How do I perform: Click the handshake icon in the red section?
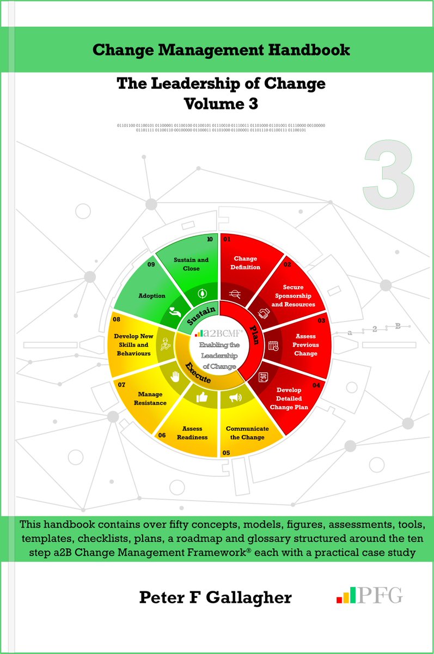point(265,313)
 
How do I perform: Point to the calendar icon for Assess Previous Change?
point(273,344)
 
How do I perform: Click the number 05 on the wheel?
point(226,452)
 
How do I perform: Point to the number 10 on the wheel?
point(210,238)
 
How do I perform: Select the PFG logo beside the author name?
point(370,595)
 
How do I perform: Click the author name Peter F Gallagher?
point(215,597)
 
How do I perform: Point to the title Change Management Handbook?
point(221,51)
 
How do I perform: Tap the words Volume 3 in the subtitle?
point(221,102)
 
